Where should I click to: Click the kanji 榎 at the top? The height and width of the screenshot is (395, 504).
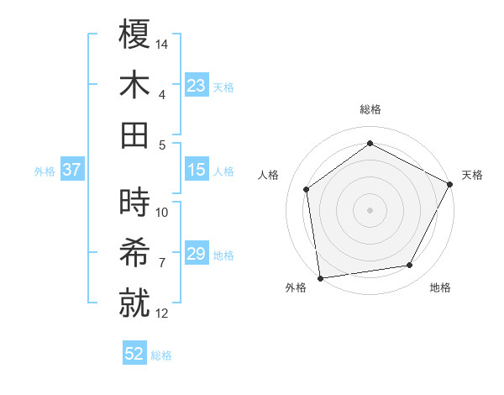[135, 34]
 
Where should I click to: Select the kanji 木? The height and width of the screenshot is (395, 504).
[135, 85]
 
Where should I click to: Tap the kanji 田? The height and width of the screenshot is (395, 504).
[135, 135]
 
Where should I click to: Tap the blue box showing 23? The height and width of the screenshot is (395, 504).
[197, 86]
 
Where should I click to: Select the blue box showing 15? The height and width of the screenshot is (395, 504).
[197, 171]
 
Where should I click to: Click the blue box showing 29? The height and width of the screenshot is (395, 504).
[197, 255]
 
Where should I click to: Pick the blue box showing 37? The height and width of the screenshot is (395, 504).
[72, 171]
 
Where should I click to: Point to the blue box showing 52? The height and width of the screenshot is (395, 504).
[134, 355]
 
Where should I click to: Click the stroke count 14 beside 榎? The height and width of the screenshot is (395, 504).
[163, 43]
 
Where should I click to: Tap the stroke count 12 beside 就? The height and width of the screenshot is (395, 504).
[163, 313]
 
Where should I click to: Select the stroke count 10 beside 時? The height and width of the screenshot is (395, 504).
[163, 213]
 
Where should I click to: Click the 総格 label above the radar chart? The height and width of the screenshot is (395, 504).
[370, 109]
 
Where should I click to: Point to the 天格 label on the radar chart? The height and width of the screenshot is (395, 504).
[472, 175]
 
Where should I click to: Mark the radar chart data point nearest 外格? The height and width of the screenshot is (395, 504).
[320, 277]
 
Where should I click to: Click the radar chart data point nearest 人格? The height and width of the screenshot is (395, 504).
[307, 189]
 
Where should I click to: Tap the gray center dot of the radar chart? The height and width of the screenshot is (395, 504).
[370, 209]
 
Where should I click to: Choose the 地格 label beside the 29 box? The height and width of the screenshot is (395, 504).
[223, 255]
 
